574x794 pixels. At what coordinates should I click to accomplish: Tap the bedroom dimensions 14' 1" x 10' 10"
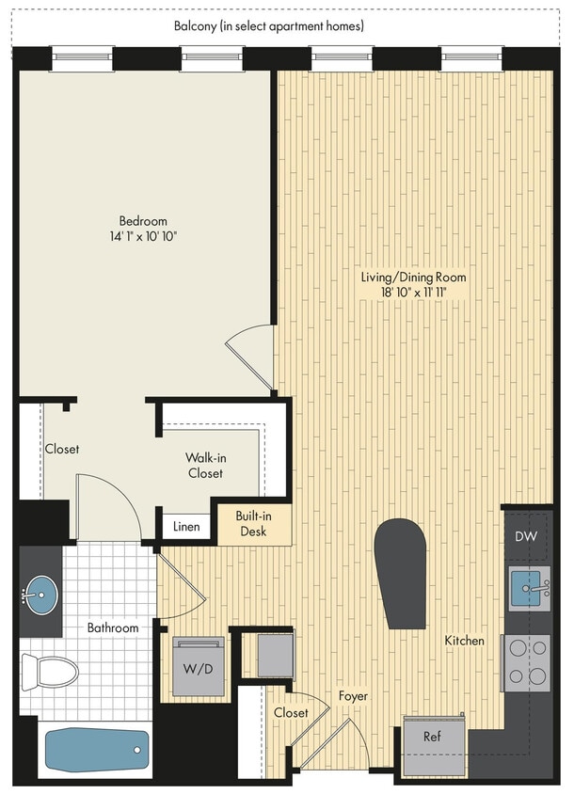[x=142, y=236]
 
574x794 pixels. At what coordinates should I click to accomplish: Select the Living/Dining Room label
[x=414, y=278]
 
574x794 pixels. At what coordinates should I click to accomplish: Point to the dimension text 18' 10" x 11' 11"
[x=414, y=294]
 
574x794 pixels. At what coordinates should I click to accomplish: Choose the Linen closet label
[x=186, y=526]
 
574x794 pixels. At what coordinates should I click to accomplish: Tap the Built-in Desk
[x=252, y=524]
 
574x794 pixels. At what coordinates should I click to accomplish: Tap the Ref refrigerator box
[x=433, y=736]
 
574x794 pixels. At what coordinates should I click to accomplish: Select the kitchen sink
[x=528, y=588]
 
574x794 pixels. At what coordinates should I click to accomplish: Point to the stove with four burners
[x=527, y=661]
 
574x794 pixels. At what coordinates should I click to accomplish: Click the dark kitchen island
[x=400, y=573]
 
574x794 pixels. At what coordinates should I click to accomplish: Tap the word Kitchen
[x=465, y=641]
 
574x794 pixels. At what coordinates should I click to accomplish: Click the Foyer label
[x=353, y=695]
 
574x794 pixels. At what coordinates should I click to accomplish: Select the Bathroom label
[x=113, y=627]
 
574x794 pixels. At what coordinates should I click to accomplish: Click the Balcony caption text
[x=269, y=26]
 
